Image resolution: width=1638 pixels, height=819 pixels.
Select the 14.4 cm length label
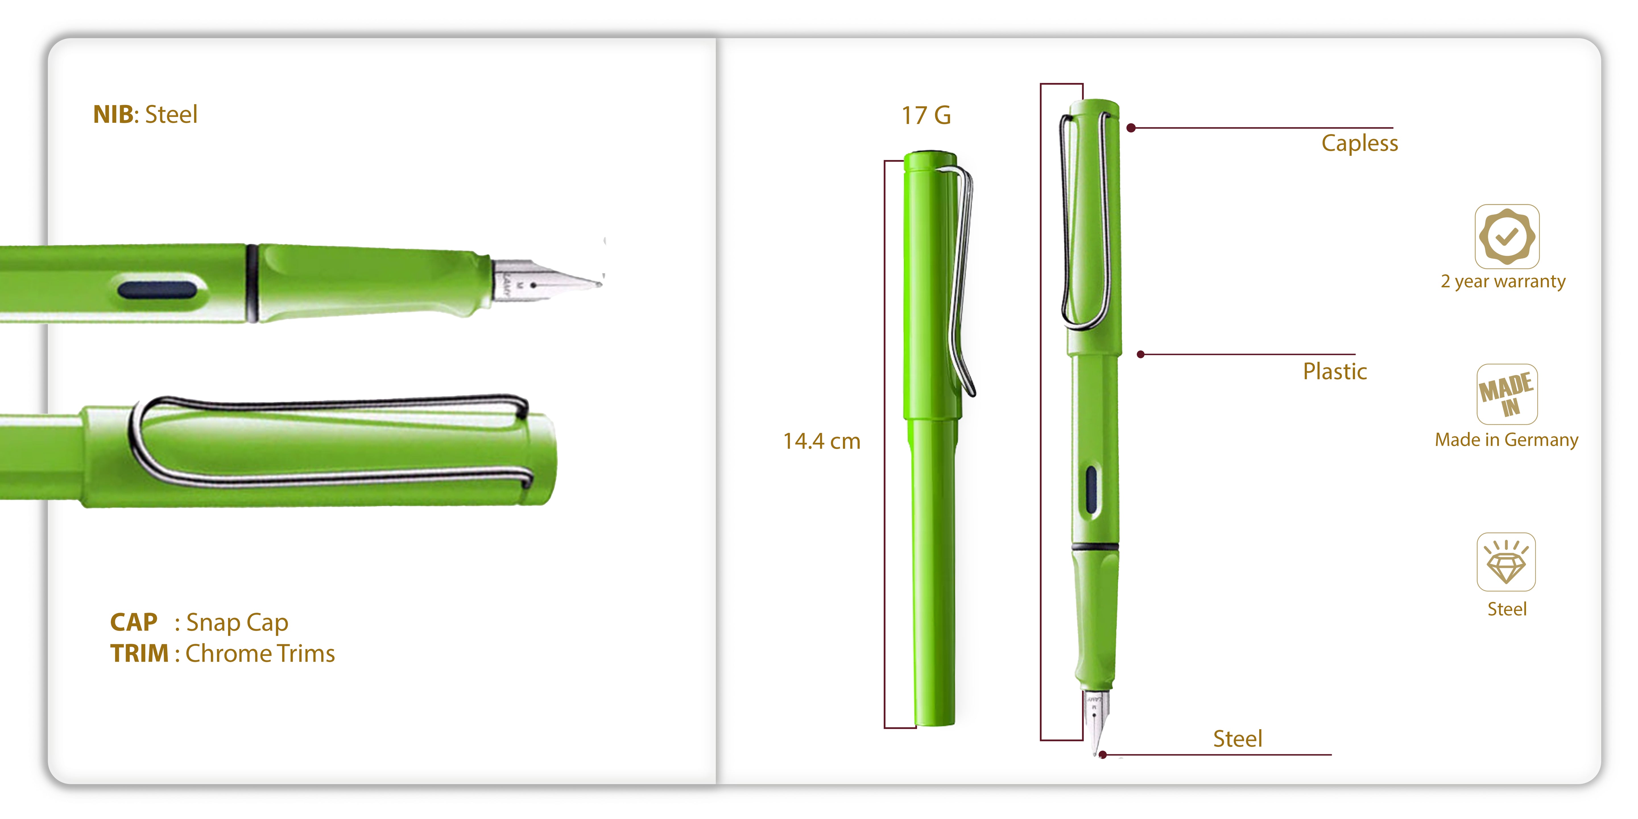822,441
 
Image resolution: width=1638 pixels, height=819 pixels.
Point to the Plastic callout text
1335,371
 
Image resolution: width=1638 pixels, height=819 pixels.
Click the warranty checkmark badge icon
1506,236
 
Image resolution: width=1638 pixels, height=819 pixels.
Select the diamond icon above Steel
1506,562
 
